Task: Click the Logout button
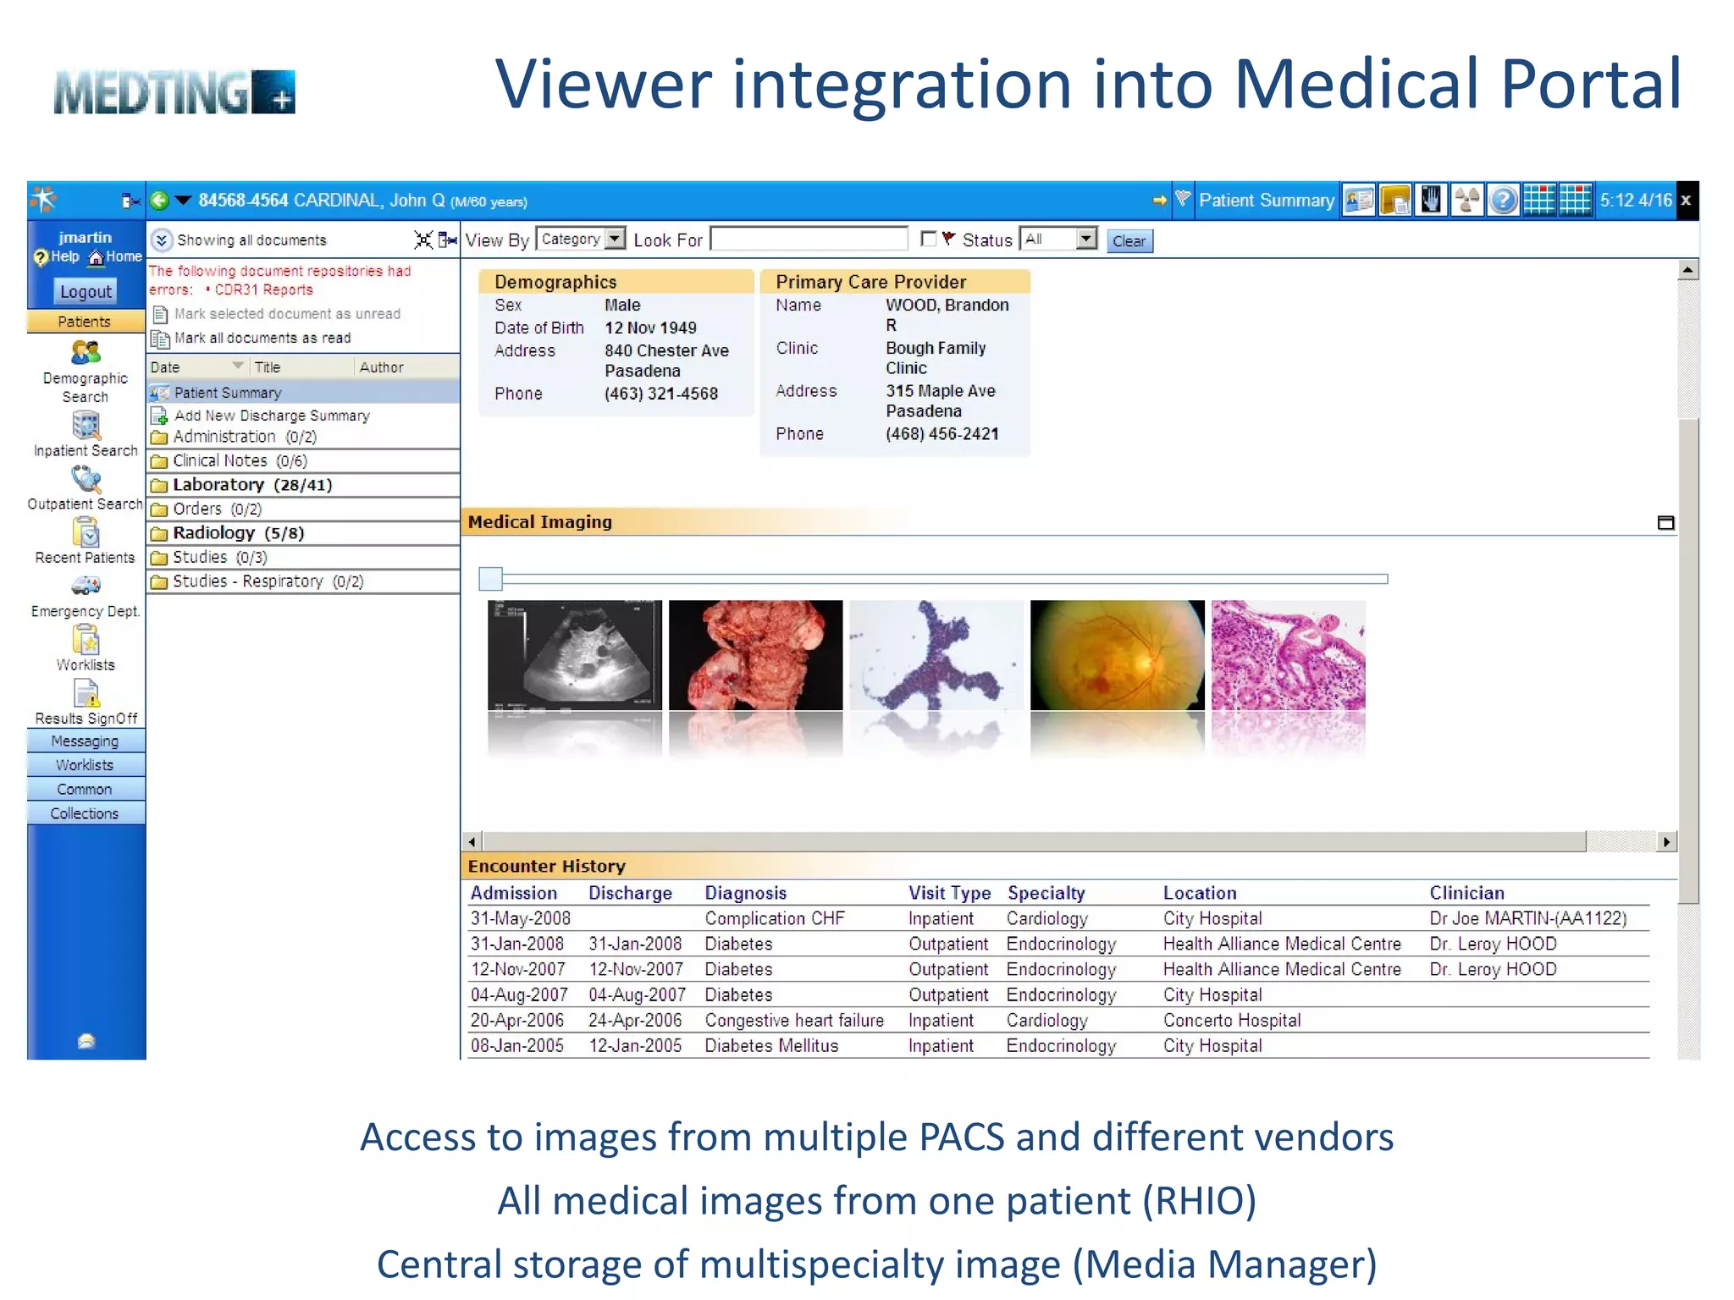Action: [86, 291]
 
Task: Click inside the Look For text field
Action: [809, 240]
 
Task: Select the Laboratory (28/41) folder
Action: [251, 485]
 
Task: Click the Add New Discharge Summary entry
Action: [271, 416]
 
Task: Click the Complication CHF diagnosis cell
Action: [774, 918]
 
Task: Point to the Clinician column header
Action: [1466, 893]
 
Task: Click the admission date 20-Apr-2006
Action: [516, 1021]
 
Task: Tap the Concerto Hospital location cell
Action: [1231, 1021]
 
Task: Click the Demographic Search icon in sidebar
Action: [86, 353]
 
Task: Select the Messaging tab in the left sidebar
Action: [85, 741]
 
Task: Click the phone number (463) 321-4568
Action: [660, 394]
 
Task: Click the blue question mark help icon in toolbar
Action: [1503, 201]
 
